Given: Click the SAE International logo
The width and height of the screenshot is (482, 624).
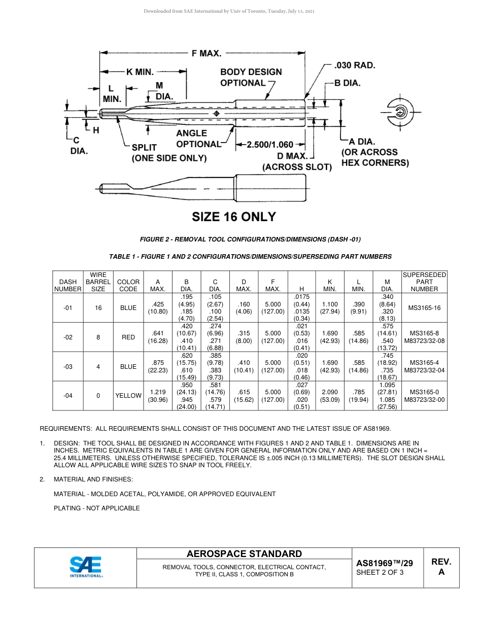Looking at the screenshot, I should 86,567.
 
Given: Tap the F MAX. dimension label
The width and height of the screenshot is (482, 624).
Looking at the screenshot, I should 206,53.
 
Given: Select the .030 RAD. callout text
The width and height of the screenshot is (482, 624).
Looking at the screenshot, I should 355,65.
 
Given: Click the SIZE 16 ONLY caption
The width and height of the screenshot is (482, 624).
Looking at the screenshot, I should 233,217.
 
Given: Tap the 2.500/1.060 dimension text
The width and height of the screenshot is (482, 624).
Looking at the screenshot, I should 270,145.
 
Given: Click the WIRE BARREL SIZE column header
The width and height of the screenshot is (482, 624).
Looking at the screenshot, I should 98,282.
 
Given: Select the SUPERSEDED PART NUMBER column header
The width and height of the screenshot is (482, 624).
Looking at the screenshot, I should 424,282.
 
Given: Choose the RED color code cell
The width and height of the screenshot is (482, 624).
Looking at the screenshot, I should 128,337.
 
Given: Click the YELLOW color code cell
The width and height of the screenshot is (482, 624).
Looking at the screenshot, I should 128,396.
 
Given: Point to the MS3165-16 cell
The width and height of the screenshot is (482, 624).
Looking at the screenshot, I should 424,308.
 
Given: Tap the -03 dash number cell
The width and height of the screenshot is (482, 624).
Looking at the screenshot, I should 68,367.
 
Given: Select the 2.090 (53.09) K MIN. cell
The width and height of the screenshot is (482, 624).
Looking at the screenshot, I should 330,396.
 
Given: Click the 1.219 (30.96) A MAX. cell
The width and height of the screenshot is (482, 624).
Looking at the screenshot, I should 157,396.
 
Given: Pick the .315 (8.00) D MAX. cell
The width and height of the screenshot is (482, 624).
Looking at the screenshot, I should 244,337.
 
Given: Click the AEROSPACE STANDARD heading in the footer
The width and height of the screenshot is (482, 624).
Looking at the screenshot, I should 244,554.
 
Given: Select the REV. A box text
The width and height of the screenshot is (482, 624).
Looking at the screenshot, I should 441,567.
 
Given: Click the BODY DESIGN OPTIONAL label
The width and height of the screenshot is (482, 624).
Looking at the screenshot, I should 251,78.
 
